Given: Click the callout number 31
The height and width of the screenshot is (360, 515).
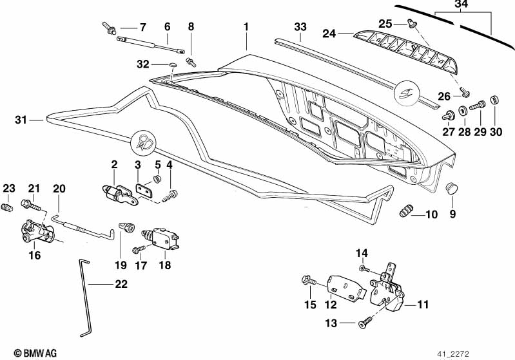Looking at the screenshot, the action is coord(21,120).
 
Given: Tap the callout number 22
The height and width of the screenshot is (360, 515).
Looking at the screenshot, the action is coord(121,284).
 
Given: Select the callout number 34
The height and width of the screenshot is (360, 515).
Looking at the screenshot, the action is coord(461,5).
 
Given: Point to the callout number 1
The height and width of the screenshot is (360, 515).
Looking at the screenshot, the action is coord(246,27).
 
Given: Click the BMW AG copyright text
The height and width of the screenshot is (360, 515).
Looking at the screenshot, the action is coord(35,353).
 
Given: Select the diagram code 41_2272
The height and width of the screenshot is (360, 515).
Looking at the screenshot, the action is coord(453,354).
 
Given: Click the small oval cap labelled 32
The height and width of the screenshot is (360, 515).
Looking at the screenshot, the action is coord(173,64).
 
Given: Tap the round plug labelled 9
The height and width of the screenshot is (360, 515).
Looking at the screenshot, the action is coord(452,189).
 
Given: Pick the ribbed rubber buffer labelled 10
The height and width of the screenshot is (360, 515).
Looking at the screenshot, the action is coord(406,211).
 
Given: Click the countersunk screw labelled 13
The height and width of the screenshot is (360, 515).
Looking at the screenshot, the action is coord(365,321).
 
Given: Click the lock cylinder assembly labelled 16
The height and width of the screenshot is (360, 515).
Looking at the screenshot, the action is coord(38,232).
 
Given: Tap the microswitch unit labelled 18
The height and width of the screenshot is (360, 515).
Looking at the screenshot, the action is coord(160,238).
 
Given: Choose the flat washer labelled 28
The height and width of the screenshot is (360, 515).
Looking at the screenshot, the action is coord(463,111).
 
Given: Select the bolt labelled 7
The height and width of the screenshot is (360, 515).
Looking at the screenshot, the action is coord(109,28).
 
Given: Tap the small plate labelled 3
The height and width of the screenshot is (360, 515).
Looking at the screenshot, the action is coord(144,191).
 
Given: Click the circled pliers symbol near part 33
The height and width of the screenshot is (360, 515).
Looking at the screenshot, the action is coord(407,93).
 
